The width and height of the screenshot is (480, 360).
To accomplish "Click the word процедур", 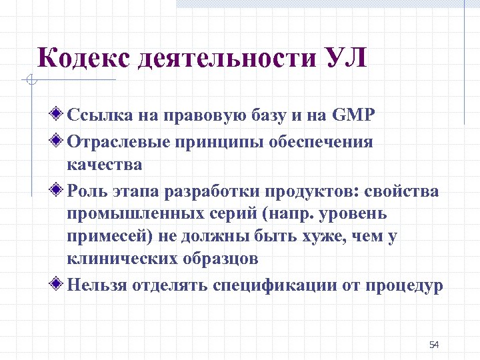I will [x=405, y=285].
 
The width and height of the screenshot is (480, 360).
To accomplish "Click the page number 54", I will [x=434, y=345].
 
